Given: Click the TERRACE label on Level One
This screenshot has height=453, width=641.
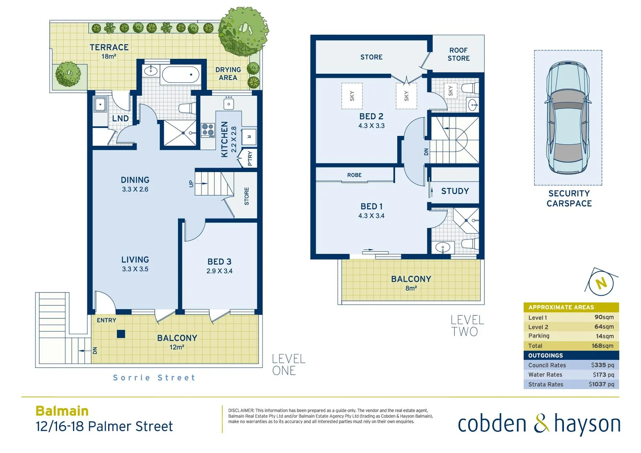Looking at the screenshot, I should pyautogui.click(x=109, y=47).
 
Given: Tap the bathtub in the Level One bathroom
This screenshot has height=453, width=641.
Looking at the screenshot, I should pyautogui.click(x=180, y=75).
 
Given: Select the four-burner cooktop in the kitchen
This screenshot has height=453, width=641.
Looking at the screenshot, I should pyautogui.click(x=208, y=130).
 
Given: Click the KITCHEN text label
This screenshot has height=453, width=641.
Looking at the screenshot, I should pyautogui.click(x=225, y=140).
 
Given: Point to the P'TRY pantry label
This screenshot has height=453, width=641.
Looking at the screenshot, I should pyautogui.click(x=250, y=159).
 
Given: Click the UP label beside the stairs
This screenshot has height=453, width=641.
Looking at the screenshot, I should pyautogui.click(x=191, y=184).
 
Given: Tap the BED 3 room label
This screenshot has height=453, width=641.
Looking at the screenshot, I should pyautogui.click(x=219, y=262).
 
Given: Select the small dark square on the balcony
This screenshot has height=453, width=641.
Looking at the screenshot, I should pyautogui.click(x=121, y=334).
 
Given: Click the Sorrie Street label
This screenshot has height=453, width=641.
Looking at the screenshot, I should pyautogui.click(x=154, y=377).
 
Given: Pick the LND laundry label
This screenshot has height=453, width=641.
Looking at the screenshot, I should pyautogui.click(x=120, y=119).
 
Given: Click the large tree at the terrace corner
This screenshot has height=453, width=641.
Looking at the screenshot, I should pyautogui.click(x=243, y=31).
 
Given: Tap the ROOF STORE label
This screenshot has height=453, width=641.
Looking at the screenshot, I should pyautogui.click(x=458, y=54).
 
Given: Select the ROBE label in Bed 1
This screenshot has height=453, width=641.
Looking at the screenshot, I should pyautogui.click(x=354, y=175).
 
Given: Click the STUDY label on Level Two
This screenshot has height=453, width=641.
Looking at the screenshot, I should pyautogui.click(x=455, y=191).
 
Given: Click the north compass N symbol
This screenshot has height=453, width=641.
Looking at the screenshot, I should pyautogui.click(x=602, y=284).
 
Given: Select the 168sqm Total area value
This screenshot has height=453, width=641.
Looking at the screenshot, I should pyautogui.click(x=602, y=346).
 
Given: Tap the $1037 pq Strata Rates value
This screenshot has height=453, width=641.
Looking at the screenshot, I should pyautogui.click(x=601, y=384).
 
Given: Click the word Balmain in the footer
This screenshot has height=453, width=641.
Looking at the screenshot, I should pyautogui.click(x=62, y=411).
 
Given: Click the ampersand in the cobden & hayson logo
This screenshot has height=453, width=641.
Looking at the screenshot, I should pyautogui.click(x=541, y=423).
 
